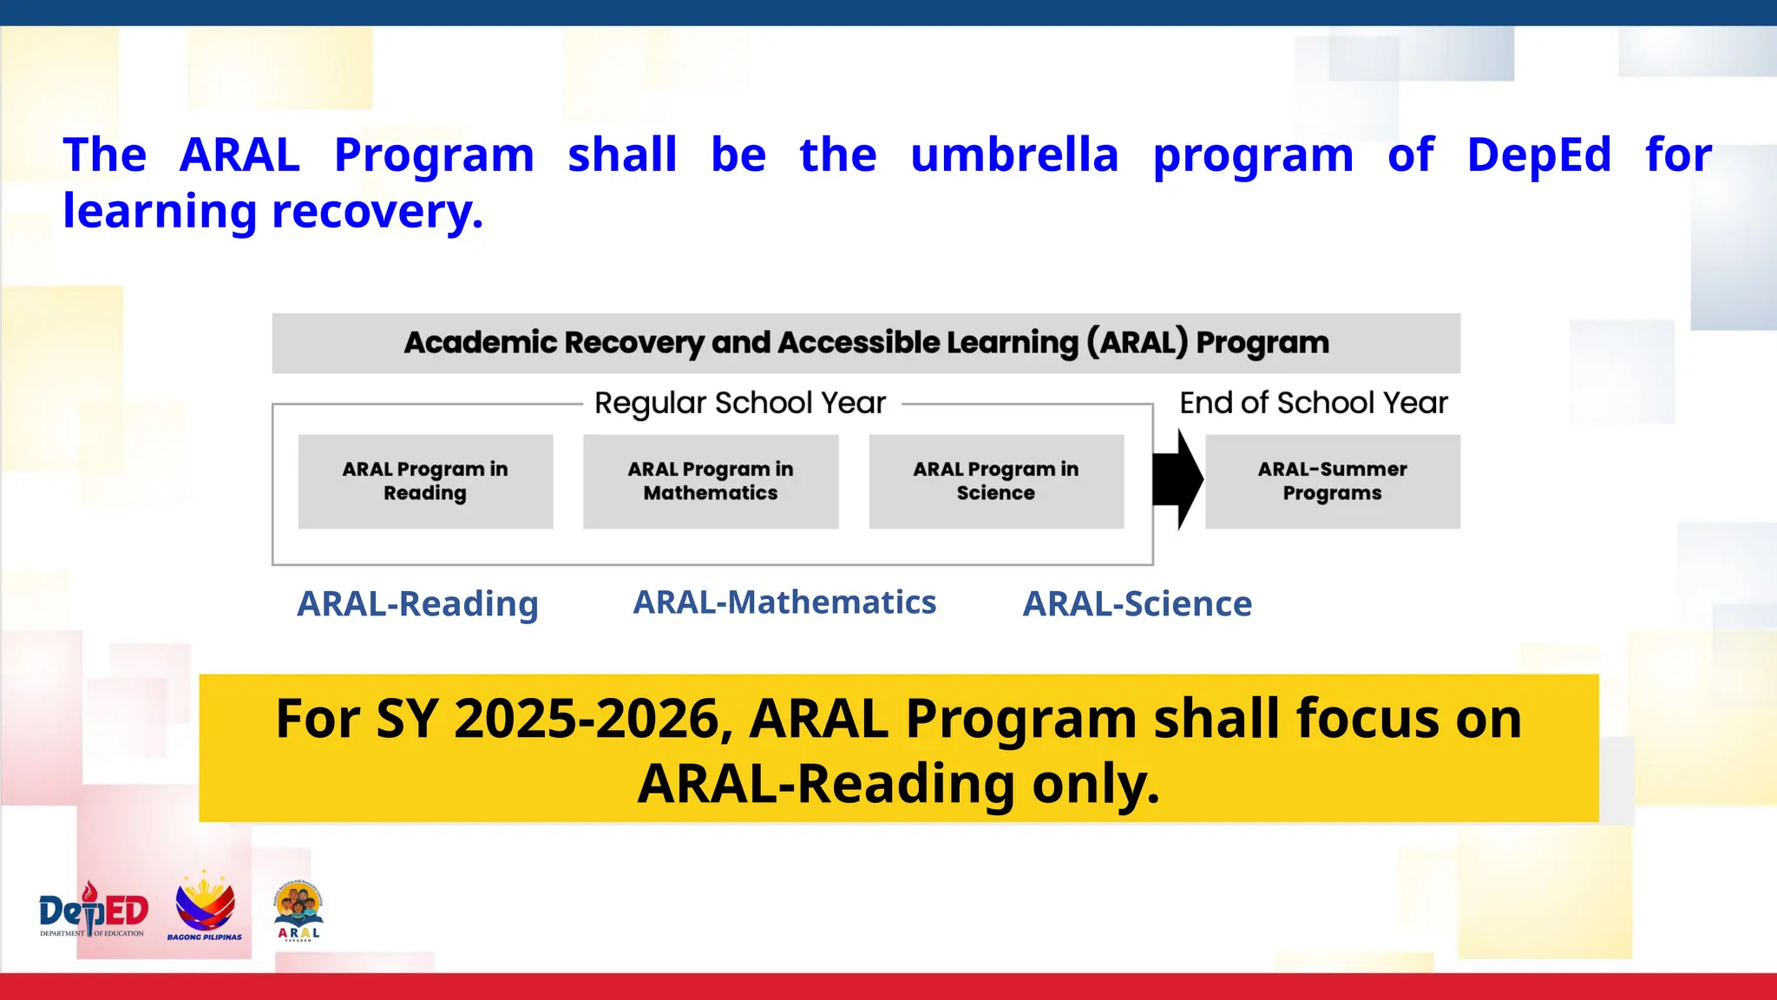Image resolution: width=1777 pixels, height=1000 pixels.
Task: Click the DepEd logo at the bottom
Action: pos(94,911)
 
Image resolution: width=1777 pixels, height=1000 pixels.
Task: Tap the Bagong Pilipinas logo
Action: pos(205,907)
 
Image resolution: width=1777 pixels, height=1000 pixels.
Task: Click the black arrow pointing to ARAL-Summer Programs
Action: pos(1177,479)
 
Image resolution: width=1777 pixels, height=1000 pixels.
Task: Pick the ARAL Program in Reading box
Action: pos(425,481)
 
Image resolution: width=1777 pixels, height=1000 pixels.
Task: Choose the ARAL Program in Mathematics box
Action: pos(711,481)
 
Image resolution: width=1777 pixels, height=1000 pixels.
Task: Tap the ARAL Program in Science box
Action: pos(996,481)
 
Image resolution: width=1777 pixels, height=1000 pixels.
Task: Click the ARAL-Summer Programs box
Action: pos(1332,481)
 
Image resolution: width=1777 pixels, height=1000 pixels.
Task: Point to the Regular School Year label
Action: pos(740,403)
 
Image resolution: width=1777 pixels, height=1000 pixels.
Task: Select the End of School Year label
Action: pos(1313,403)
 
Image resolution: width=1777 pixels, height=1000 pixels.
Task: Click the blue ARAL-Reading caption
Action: pos(417,603)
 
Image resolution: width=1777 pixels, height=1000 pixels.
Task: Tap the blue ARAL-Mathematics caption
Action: pos(784,602)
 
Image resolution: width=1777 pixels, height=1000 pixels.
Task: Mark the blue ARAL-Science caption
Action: pos(1137,603)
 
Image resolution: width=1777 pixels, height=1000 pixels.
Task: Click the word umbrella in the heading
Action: pos(1014,155)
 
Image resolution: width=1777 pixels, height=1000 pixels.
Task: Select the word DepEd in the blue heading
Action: pos(1538,155)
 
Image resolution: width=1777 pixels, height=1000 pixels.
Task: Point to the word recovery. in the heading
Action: pos(377,211)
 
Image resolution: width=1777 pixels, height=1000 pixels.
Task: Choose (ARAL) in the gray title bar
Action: pos(1137,342)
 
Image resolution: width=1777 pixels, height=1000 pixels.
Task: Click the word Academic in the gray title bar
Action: pos(480,342)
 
